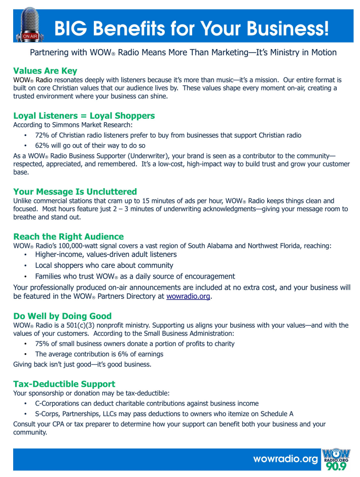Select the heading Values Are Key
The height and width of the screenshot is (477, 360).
45,71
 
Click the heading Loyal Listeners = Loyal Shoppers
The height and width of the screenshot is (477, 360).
84,116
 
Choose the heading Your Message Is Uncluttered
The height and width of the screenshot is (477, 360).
75,191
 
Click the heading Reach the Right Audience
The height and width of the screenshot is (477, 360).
68,236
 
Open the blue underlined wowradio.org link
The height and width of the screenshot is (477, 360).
188,296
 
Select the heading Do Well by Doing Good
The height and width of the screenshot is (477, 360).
62,316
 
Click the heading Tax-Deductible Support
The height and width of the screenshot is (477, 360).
64,384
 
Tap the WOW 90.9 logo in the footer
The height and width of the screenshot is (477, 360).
336,459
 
